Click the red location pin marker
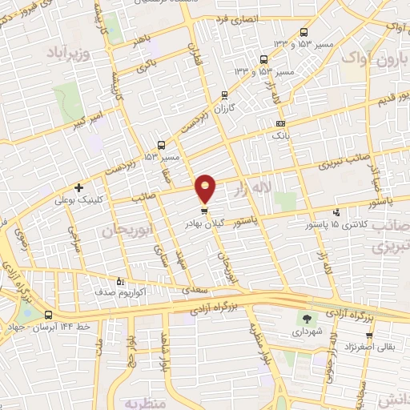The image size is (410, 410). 207,190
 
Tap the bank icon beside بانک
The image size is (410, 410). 279,124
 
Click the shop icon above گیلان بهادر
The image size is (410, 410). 206,211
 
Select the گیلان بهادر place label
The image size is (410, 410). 210,224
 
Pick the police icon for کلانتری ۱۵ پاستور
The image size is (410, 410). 335,213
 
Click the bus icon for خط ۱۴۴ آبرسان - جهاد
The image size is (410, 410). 50,314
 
